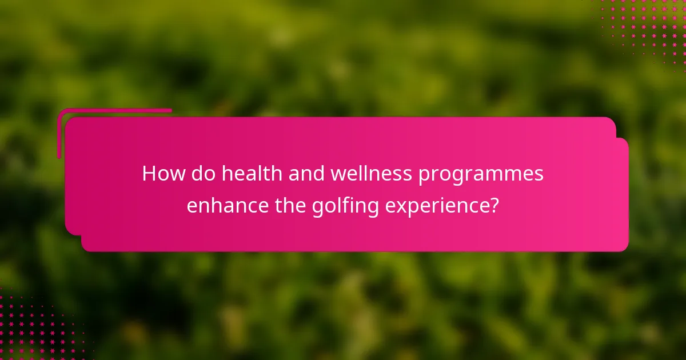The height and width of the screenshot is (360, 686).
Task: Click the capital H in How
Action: [x=149, y=174]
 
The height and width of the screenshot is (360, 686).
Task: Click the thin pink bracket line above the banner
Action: [x=114, y=110]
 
